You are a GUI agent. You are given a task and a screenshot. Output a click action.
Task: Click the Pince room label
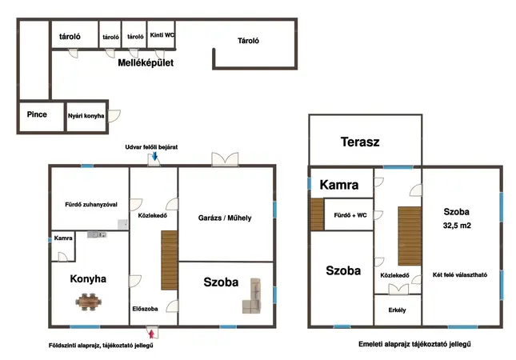(x=37, y=114)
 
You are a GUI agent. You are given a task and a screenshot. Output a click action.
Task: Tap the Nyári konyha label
(x=86, y=116)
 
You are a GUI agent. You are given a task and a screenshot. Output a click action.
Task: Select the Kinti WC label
(x=162, y=35)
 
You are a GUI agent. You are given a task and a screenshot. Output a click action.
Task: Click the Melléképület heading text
(x=146, y=63)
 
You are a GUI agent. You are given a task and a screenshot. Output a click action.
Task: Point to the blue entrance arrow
(x=154, y=156)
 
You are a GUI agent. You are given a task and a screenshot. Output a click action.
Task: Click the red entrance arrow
(x=151, y=334)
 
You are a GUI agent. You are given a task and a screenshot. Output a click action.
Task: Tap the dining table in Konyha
(x=88, y=302)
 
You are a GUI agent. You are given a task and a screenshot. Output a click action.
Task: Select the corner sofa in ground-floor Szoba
(x=252, y=296)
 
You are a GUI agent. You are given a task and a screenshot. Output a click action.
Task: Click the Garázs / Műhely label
(x=225, y=218)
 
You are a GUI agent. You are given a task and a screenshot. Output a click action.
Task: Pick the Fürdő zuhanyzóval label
(x=91, y=204)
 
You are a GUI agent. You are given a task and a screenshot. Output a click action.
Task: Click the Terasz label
(x=360, y=142)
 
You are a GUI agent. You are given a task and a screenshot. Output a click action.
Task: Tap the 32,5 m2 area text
(x=457, y=226)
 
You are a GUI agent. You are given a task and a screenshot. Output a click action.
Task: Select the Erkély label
(x=398, y=310)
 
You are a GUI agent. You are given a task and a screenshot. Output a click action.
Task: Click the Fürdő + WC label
(x=350, y=215)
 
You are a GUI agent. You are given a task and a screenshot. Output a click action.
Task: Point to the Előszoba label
(x=145, y=309)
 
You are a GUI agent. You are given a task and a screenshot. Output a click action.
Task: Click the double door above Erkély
(x=398, y=290)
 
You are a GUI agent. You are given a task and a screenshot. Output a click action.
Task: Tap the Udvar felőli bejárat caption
(x=151, y=147)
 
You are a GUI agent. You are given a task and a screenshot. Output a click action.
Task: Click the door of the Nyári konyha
(x=114, y=116)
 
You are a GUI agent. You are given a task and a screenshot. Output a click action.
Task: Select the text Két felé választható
(x=460, y=274)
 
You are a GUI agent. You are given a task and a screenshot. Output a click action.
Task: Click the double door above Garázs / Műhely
(x=225, y=159)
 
